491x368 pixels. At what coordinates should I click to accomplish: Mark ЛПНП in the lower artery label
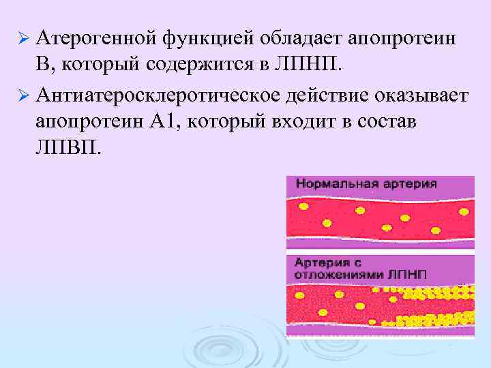click(408, 273)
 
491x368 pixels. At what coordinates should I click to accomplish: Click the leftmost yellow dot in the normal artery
click(303, 206)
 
